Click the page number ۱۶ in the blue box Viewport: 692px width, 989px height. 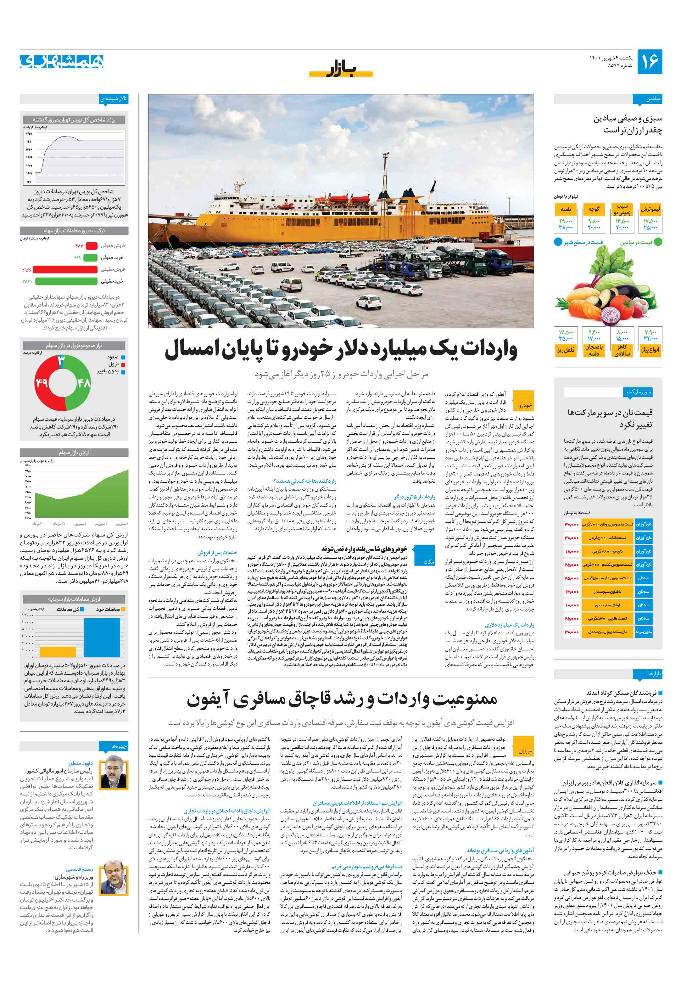(x=649, y=62)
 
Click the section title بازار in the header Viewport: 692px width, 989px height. (x=341, y=69)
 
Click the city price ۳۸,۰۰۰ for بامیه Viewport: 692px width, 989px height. (x=566, y=228)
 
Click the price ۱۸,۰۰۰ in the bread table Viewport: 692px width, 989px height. (x=572, y=551)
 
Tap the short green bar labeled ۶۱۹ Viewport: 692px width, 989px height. (x=90, y=258)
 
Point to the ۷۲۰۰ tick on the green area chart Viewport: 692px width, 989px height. (x=28, y=466)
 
